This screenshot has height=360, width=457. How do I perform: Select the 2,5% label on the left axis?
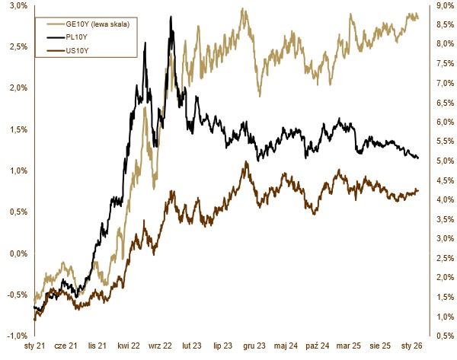18,46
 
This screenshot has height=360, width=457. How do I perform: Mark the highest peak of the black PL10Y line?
171,30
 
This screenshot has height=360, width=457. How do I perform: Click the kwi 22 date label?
128,346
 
